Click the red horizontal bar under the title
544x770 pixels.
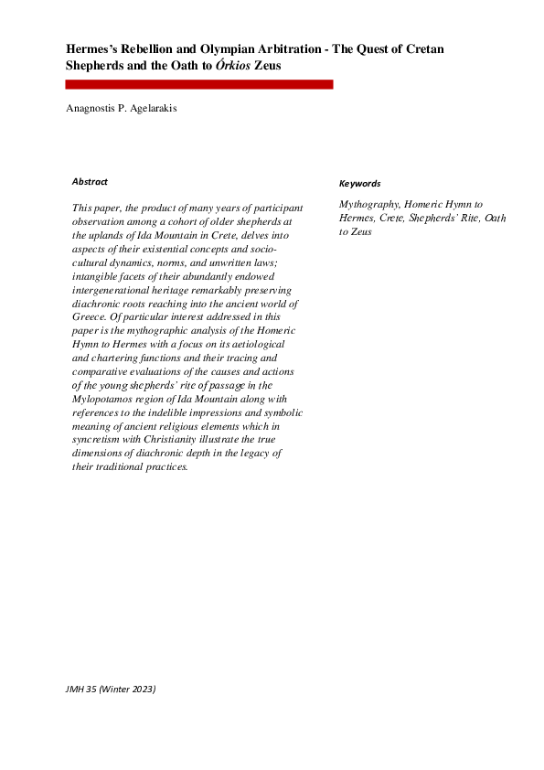pyautogui.click(x=199, y=84)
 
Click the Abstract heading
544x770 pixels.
pyautogui.click(x=90, y=181)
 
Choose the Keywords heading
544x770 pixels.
pyautogui.click(x=360, y=184)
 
